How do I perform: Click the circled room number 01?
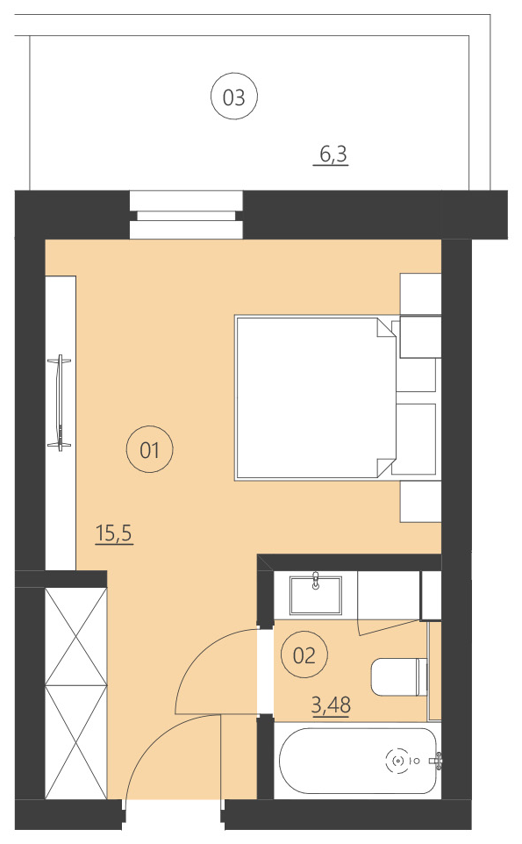coord(149,451)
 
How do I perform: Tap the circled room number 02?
coord(304,655)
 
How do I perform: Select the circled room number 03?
coord(234,97)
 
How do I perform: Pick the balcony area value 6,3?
coord(333,155)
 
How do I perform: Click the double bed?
coord(311,397)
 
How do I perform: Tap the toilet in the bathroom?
coord(398,676)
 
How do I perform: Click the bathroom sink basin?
coord(315,594)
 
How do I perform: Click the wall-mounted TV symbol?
coord(61,402)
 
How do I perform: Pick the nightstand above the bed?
coord(419,293)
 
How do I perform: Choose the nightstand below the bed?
coord(419,501)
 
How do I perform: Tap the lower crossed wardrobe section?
coord(75,741)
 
